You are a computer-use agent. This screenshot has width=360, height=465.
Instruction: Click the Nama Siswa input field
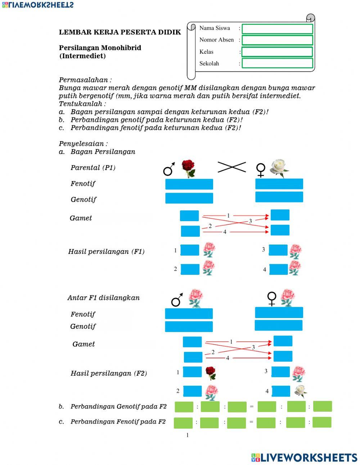[x=277, y=29]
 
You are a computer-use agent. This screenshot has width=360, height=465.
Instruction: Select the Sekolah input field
[x=277, y=63]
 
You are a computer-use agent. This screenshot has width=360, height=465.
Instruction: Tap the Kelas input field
[x=277, y=52]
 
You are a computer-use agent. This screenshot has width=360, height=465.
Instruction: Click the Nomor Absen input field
[x=277, y=40]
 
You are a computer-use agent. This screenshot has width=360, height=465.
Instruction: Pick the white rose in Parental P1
[x=279, y=168]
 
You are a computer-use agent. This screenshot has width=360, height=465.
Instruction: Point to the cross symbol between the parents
[x=232, y=167]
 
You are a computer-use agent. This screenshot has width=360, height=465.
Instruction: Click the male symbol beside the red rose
[x=169, y=169]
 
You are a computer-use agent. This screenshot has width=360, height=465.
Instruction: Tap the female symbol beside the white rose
[x=260, y=170]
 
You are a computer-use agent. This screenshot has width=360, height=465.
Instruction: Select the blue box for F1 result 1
[x=189, y=250]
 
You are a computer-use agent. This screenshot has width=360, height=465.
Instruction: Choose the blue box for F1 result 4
[x=278, y=269]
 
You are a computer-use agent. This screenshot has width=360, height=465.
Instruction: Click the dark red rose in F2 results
[x=211, y=373]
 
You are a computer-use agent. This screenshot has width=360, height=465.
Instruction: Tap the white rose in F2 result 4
[x=300, y=390]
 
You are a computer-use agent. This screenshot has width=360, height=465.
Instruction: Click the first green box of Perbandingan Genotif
[x=184, y=407]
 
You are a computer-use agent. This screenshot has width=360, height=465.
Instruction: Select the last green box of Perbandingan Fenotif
[x=322, y=422]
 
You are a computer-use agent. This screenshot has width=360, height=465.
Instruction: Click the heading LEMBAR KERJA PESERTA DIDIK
[x=120, y=32]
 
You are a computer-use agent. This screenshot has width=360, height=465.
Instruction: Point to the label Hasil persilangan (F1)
[x=106, y=251]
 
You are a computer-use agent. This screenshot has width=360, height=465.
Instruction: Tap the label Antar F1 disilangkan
[x=103, y=298]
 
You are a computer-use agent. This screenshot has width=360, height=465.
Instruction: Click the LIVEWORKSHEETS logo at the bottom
[x=304, y=457]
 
